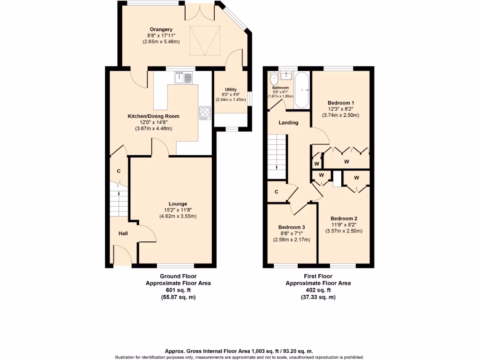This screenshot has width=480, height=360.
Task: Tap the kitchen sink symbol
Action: tap(184, 78)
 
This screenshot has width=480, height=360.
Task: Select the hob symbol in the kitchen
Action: tap(205, 112)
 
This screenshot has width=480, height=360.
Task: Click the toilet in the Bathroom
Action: tap(274, 78)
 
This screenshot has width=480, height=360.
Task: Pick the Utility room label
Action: tap(231, 90)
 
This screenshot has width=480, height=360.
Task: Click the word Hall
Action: tap(123, 233)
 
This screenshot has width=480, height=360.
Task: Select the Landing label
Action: tap(288, 123)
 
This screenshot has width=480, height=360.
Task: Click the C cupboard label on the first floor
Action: tap(277, 191)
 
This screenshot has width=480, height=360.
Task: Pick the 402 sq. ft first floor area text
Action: tap(318, 290)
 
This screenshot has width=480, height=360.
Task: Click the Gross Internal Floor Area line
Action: tap(239, 351)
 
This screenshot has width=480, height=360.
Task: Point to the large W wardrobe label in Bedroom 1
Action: tap(346, 161)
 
